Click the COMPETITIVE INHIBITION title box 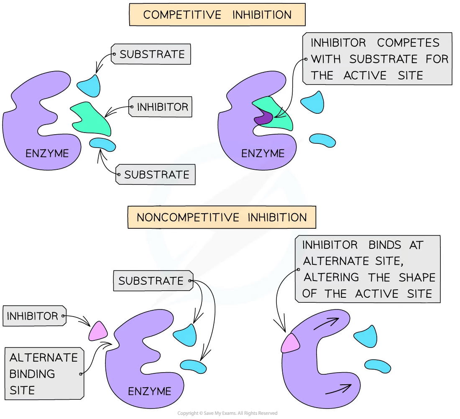pos(217,15)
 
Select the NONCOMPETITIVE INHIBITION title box pos(222,218)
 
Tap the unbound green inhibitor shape pos(91,119)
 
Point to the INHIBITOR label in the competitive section pos(162,107)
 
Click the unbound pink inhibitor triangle pos(98,331)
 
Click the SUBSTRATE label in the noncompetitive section pos(151,281)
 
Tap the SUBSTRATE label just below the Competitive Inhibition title pos(152,54)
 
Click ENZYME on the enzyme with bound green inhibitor pos(263,153)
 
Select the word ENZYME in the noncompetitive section pos(149,391)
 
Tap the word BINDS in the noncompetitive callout pos(385,245)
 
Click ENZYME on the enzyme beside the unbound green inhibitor pos(47,153)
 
